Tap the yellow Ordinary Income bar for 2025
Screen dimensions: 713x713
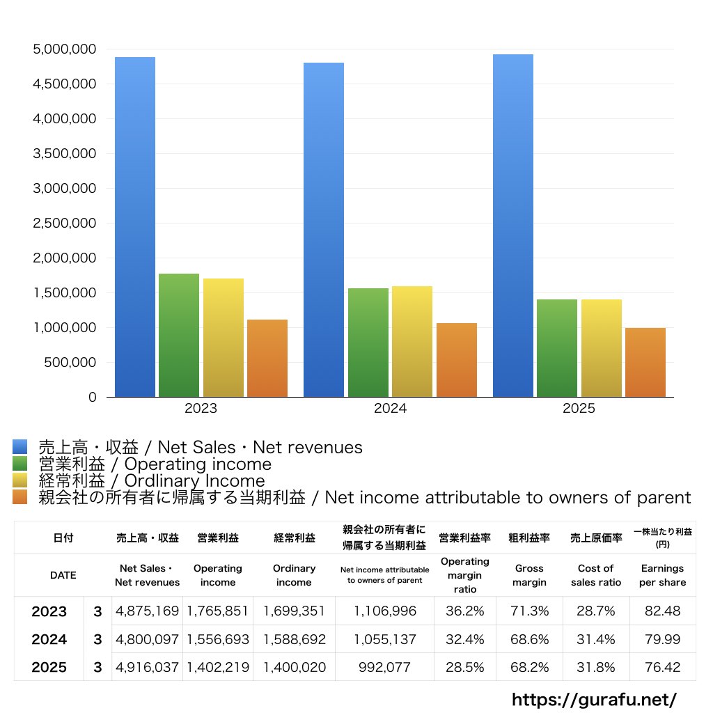(602, 348)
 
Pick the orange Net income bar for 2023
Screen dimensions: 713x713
(267, 359)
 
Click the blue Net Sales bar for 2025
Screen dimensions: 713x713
(513, 226)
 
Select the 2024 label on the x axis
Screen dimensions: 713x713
(390, 409)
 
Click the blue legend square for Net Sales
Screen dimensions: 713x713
(19, 447)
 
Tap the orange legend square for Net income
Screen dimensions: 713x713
(19, 497)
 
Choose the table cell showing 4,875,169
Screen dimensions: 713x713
(148, 611)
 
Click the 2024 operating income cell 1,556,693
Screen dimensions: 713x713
(218, 639)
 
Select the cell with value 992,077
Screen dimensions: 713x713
(384, 667)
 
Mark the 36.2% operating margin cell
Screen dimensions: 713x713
(465, 611)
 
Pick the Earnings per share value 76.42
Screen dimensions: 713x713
(662, 667)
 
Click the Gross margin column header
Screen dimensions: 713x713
(529, 575)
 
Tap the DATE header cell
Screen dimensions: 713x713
(63, 575)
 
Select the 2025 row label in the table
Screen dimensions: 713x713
(49, 667)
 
